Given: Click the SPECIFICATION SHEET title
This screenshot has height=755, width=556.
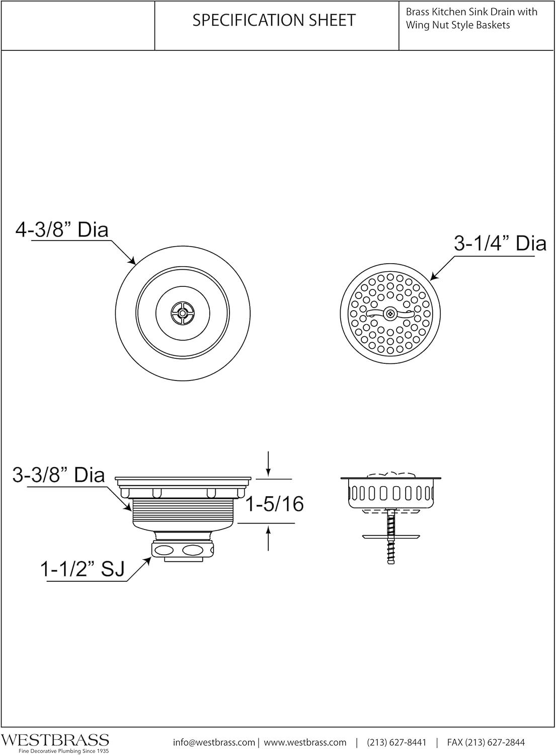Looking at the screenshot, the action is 274,20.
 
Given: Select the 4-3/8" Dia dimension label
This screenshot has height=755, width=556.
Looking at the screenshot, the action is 62,230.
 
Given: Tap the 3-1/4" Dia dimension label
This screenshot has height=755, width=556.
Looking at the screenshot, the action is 500,244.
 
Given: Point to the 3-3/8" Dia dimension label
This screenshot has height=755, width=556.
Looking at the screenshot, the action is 58,475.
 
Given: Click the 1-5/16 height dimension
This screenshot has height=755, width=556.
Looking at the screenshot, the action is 275,503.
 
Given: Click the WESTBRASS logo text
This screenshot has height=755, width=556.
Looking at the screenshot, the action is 55,740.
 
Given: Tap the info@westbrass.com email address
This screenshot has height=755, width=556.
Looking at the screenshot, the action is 214,742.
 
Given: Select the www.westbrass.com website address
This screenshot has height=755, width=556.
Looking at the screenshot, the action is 305,742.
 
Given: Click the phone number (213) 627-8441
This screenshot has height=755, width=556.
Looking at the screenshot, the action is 396,742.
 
